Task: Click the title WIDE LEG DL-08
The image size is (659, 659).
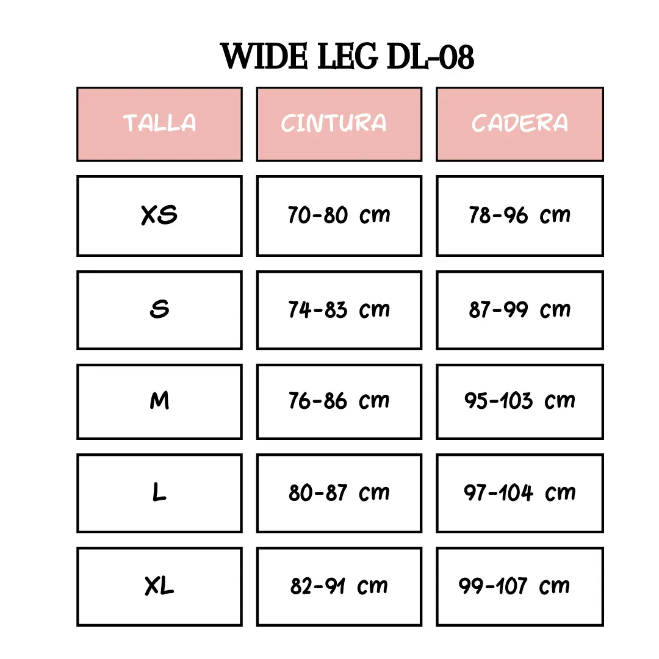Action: (x=347, y=56)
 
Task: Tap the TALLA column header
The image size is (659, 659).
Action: (x=160, y=124)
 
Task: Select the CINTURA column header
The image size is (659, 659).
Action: (x=339, y=124)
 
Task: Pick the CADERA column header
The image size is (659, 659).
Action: (x=520, y=124)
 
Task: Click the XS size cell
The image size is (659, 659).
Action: (x=160, y=215)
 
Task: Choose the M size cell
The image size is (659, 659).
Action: (x=160, y=402)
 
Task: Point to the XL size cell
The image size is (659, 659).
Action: (x=160, y=586)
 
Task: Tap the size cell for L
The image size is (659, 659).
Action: (x=160, y=493)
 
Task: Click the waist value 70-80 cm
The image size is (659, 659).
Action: (x=339, y=215)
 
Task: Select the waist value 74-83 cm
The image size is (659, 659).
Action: (x=339, y=310)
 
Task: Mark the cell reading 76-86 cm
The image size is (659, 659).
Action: (x=339, y=402)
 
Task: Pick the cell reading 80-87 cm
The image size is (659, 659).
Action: (x=339, y=493)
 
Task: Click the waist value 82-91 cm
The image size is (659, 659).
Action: (x=339, y=586)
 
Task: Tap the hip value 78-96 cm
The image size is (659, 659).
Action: (x=520, y=215)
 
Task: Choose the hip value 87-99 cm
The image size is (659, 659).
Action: (x=520, y=310)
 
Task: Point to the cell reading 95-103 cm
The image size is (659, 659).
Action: (x=520, y=402)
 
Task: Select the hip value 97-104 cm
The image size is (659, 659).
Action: (x=520, y=493)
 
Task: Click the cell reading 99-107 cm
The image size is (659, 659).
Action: (x=520, y=586)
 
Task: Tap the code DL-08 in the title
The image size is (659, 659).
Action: (x=430, y=56)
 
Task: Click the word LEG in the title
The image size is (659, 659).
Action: (x=348, y=56)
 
